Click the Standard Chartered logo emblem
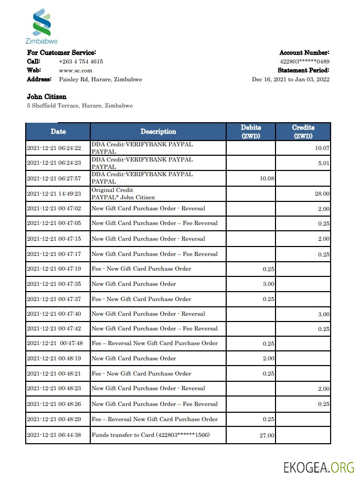(41, 23)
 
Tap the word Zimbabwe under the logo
(41, 41)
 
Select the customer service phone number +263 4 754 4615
(81, 61)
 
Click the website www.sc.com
(76, 70)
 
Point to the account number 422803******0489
(304, 61)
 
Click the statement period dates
(291, 79)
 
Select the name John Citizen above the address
(47, 97)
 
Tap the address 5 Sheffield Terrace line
(80, 105)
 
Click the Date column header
(58, 131)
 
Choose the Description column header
(158, 132)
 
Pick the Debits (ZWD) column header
(250, 131)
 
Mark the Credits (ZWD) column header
(303, 131)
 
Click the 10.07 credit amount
(322, 148)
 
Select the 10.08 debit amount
(267, 179)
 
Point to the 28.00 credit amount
(322, 194)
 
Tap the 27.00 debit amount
(267, 435)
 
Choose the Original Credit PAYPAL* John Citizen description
(123, 194)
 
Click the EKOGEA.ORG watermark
(318, 467)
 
